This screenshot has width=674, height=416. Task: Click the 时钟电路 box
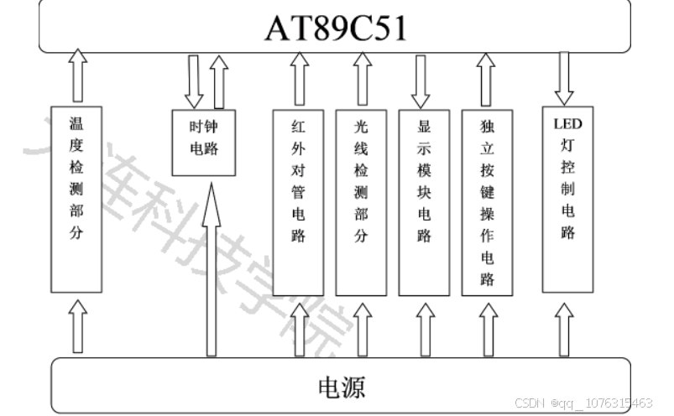point(204,142)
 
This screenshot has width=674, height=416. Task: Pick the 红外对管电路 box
point(298,201)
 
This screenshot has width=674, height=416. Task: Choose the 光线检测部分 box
point(361,201)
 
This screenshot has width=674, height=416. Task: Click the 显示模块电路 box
point(424,201)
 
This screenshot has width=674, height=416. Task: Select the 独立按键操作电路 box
point(487,201)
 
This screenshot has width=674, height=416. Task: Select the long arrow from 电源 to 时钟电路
point(212,268)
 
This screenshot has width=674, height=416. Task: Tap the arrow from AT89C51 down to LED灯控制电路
point(564,78)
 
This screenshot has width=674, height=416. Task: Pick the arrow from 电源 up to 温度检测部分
point(77,326)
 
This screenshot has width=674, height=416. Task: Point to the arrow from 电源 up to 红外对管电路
point(298,329)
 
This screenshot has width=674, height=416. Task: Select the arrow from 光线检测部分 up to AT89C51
point(362,79)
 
